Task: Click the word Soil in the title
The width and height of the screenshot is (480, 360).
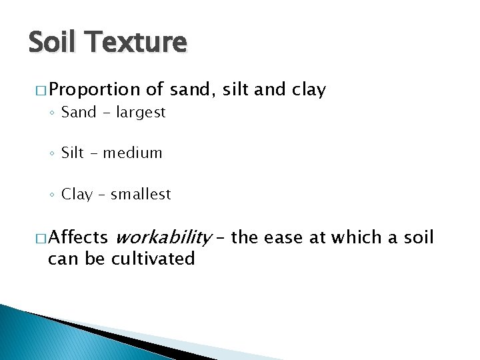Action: point(54,42)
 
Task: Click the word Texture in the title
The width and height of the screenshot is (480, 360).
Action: point(137,42)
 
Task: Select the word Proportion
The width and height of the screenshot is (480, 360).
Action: point(94,90)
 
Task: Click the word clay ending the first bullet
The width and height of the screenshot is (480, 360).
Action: point(309,90)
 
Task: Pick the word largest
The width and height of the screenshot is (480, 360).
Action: point(141,113)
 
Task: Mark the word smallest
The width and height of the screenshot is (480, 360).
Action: point(141,195)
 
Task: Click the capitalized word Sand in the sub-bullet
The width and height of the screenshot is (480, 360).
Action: point(79,113)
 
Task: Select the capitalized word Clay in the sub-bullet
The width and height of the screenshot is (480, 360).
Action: point(77,195)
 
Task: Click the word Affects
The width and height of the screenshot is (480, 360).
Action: point(78,237)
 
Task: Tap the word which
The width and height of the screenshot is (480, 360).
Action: point(365,237)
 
